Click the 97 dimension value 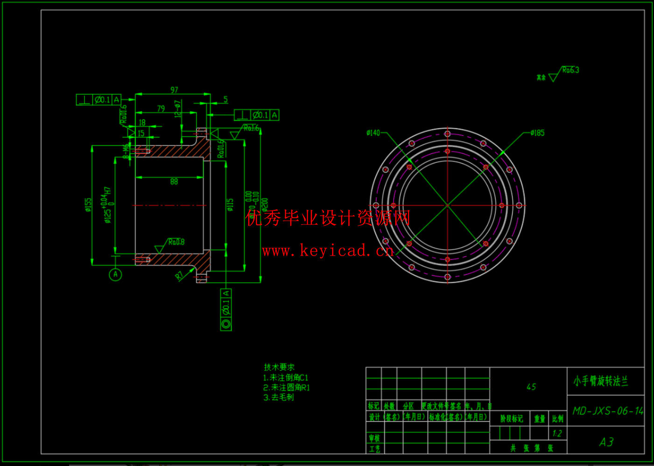point(174,90)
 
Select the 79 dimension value point(161,108)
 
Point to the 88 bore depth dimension point(174,181)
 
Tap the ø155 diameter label point(88,205)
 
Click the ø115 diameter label point(230,205)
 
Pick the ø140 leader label point(373,133)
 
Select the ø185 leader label point(537,133)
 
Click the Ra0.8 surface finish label point(176,242)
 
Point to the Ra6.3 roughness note point(570,70)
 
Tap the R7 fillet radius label point(180,276)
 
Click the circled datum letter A point(115,274)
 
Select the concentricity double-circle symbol point(226,324)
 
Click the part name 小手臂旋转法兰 point(601,381)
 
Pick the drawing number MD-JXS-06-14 point(607,411)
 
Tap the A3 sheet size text point(606,442)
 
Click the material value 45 point(531,387)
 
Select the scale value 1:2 point(557,433)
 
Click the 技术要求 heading point(279,367)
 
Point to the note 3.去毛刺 point(279,397)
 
